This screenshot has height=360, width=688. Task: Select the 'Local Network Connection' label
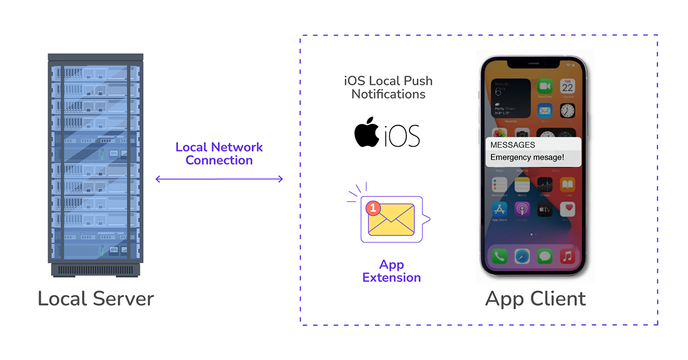coord(219,154)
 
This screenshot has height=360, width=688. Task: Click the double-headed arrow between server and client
coord(219,179)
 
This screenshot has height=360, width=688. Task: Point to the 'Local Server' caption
coord(96,299)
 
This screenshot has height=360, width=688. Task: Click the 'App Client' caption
coord(535,299)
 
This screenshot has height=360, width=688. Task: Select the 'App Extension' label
coord(392,271)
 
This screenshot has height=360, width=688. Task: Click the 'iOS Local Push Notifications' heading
coord(388,87)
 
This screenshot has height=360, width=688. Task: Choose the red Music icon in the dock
coord(567,256)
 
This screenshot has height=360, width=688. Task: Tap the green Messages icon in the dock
coord(545,256)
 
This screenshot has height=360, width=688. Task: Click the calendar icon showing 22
coord(567,87)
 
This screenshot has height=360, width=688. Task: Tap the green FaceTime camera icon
coord(544,87)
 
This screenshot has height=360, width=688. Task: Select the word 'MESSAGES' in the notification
coord(513,145)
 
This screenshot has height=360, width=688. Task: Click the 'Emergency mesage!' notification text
coord(527,157)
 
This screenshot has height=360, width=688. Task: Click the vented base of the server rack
coord(96,269)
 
